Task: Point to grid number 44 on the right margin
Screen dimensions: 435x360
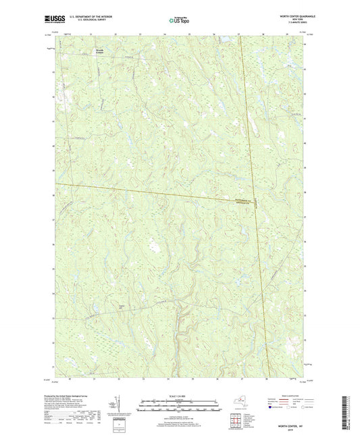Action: click(x=305, y=46)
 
